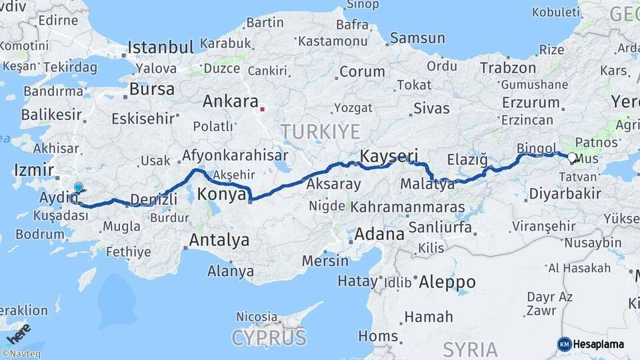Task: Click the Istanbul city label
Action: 161,47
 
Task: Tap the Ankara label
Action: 230,102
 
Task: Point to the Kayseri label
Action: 383,156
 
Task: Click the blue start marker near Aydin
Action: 78,189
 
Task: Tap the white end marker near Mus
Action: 571,158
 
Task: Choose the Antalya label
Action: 219,240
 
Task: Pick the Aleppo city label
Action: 447,282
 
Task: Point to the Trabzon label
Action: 507,68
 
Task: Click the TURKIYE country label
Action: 321,131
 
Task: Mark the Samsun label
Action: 417,38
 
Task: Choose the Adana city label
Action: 380,234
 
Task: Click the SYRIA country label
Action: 471,349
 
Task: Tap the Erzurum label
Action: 530,103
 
